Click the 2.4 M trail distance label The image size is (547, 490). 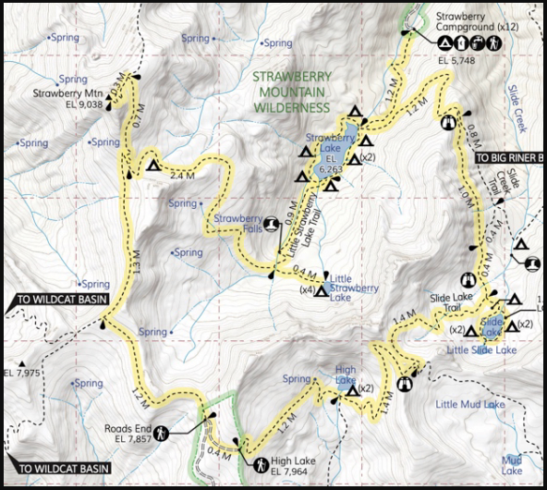click(184, 174)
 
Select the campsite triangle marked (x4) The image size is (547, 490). click(321, 292)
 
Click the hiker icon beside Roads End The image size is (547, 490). click(162, 433)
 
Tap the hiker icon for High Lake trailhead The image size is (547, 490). click(261, 464)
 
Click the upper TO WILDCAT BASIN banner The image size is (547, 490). click(56, 300)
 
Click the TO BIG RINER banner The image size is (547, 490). click(511, 158)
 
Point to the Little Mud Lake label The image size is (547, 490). click(469, 404)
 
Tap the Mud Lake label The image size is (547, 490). click(511, 464)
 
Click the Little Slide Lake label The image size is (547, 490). click(480, 350)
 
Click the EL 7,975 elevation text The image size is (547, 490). click(20, 373)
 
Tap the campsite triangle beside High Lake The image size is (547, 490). click(351, 391)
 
